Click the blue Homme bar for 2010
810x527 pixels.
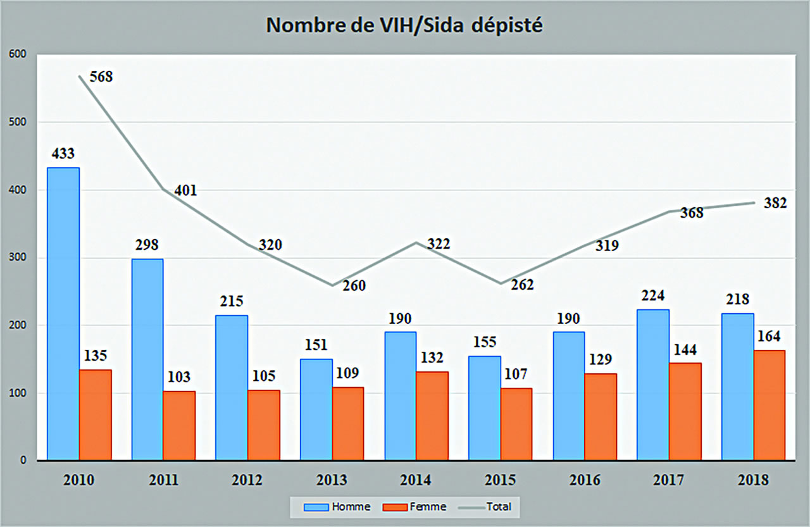coord(63,314)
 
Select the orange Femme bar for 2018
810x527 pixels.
coord(769,405)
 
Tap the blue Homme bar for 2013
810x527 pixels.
coord(316,409)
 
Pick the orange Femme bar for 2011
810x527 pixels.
coord(179,425)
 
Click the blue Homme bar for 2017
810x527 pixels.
coord(653,385)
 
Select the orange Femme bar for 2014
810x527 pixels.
coord(432,416)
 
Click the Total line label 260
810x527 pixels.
coord(354,286)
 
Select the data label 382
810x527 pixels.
coord(775,203)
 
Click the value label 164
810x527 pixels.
coord(768,336)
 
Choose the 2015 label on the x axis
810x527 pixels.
coord(500,480)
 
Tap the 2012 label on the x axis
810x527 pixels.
coord(247,480)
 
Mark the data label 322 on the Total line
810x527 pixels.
coord(437,244)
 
